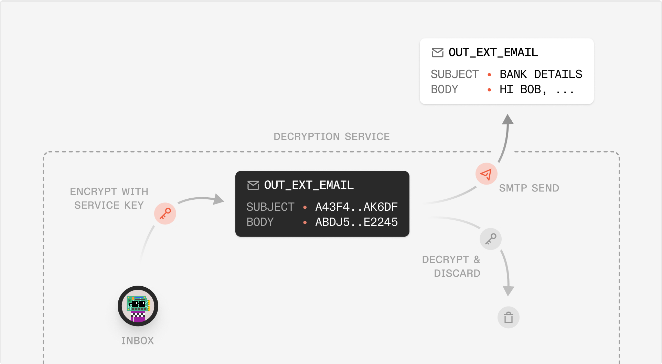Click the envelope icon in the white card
coord(437,53)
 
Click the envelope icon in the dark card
coord(253,185)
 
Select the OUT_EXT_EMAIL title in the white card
coord(493,53)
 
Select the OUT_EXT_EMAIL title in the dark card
coord(309,185)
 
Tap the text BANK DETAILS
coord(541,74)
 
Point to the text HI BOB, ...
coord(523,90)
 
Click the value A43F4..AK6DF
coord(356,207)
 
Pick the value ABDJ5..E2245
coord(356,222)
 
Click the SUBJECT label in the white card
coord(455,74)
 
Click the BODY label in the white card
coord(444,89)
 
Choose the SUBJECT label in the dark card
coord(270,207)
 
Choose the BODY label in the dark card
coord(260,222)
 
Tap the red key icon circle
coord(165,213)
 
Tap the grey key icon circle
coord(490,239)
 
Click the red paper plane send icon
coord(486,174)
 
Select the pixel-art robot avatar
coord(138,306)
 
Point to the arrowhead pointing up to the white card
coord(508,119)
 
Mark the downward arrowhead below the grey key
coord(508,290)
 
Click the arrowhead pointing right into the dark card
coord(218,199)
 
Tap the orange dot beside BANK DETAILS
coord(489,75)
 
